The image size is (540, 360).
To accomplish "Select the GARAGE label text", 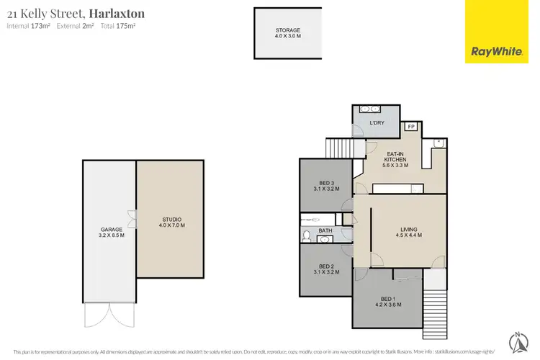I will pos(112,231).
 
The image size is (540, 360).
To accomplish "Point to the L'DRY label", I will pos(377,124).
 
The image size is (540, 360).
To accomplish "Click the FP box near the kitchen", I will pos(410,127).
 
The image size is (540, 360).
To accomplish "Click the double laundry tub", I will pos(369,109).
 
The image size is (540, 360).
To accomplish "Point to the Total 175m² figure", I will pos(120,26).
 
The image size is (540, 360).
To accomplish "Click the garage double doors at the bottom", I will pos(109,314).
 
